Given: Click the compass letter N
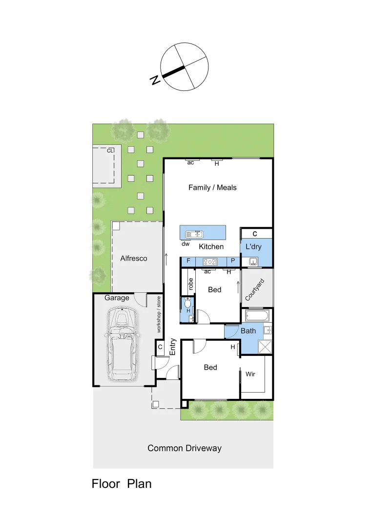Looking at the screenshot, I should (x=155, y=80).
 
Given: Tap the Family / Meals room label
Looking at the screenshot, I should (x=212, y=187).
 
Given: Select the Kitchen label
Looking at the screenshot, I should (x=211, y=247).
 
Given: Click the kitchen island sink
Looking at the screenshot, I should (x=194, y=234).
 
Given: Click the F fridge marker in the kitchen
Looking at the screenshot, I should (x=188, y=261).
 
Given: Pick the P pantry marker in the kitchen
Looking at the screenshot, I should (x=233, y=261).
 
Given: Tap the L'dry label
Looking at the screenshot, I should (x=253, y=247).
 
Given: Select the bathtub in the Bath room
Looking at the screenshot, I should (x=255, y=315).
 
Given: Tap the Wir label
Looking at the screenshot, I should (x=250, y=374).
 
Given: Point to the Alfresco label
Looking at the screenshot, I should (x=133, y=258).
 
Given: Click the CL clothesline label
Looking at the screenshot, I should (x=110, y=151).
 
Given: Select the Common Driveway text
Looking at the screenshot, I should (x=185, y=448).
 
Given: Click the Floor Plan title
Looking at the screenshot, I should (x=122, y=484).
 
